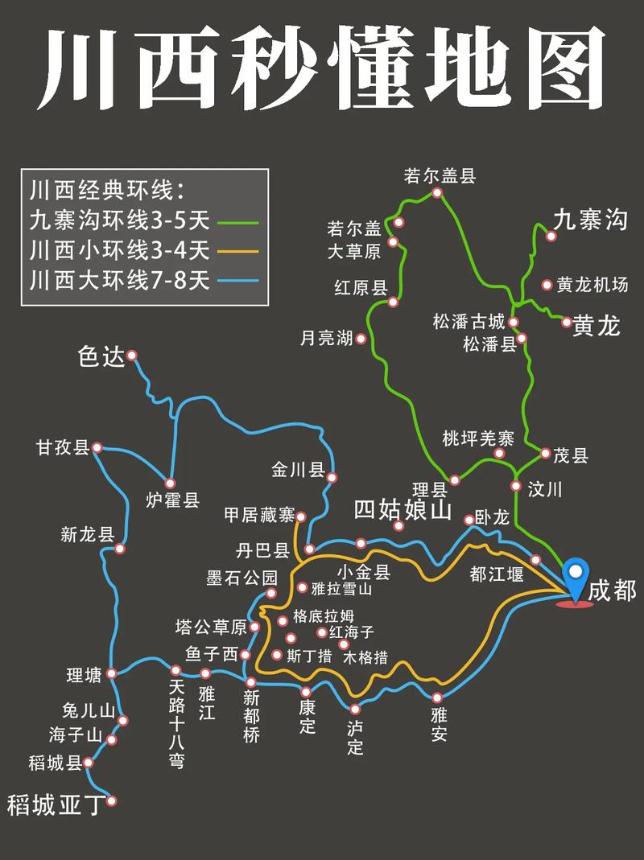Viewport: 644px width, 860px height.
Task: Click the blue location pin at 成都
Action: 576,577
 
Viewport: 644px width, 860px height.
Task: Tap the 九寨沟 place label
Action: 589,219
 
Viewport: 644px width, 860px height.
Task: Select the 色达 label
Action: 101,356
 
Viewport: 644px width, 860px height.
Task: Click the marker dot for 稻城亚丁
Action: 112,800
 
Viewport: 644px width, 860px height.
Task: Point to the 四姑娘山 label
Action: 403,508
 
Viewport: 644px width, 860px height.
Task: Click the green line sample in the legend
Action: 238,221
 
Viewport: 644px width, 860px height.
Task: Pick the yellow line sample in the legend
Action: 238,251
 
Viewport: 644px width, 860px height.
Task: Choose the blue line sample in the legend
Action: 238,281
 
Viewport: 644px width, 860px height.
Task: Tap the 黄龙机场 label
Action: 596,284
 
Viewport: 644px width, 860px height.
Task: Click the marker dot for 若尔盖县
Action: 437,193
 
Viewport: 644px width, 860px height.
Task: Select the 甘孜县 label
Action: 62,447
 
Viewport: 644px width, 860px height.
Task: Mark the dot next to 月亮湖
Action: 361,339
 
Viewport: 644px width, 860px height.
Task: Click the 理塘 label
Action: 84,675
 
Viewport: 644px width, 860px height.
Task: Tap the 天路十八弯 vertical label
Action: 176,723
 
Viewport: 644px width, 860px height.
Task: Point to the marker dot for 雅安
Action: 437,697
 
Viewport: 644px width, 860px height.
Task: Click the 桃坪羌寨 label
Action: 478,438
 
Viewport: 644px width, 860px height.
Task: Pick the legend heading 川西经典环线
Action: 105,191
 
